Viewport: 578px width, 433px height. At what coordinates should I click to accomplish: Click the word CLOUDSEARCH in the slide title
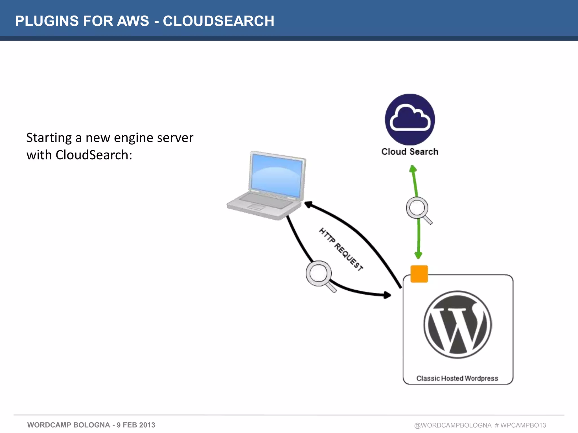(x=218, y=21)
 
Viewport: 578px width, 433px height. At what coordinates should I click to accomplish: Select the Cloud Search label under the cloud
(x=410, y=152)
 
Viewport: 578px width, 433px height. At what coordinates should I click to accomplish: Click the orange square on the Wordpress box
(x=419, y=274)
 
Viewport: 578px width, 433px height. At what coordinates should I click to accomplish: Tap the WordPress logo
(x=457, y=324)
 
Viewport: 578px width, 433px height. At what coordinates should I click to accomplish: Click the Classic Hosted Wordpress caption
(x=457, y=378)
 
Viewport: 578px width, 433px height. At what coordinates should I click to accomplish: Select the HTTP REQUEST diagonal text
(x=341, y=249)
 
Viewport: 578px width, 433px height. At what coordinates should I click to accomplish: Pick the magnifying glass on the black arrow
(x=319, y=273)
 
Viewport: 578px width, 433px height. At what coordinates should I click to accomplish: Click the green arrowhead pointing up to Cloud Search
(x=413, y=169)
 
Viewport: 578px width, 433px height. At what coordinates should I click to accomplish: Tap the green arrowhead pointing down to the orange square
(x=418, y=255)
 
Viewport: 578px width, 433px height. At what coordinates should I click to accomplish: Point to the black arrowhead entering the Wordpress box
(x=387, y=295)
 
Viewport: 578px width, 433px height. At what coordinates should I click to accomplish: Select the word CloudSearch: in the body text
(x=94, y=155)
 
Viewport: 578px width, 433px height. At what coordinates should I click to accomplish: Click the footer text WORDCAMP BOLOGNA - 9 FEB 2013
(x=91, y=425)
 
